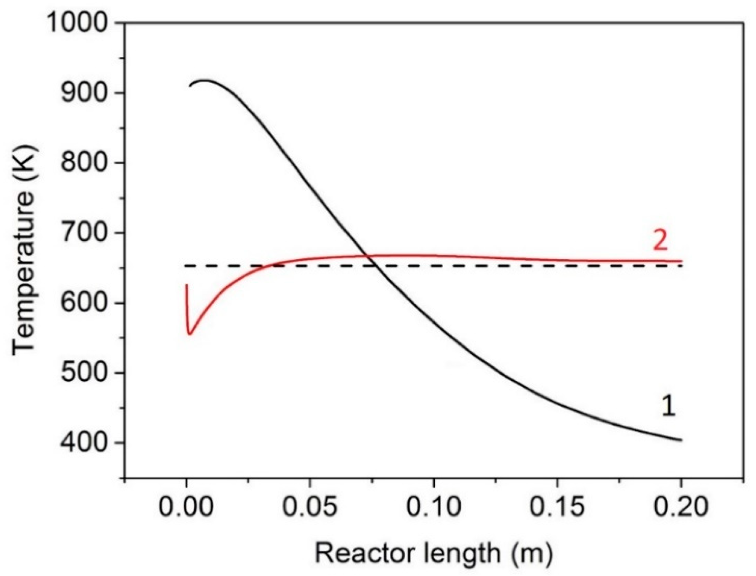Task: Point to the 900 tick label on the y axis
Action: [x=83, y=93]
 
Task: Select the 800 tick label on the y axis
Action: [x=83, y=163]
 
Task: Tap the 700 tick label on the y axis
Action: [x=83, y=233]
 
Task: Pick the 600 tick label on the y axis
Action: [x=83, y=303]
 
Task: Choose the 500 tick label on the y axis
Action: [x=83, y=373]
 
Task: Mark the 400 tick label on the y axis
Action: [x=83, y=443]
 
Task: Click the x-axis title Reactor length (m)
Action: [x=433, y=553]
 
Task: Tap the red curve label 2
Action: [x=660, y=241]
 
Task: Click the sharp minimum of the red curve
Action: [x=189, y=334]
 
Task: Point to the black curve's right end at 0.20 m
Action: [x=681, y=440]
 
